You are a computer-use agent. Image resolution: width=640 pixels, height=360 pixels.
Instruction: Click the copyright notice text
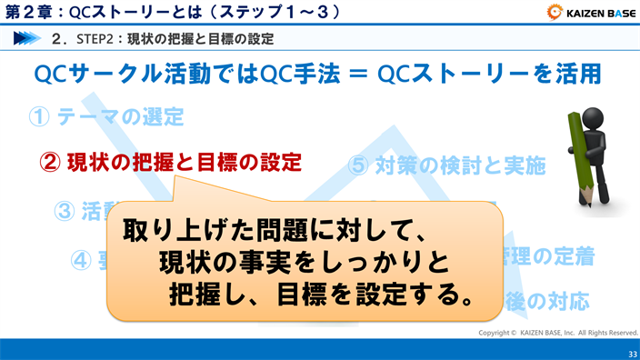(558, 333)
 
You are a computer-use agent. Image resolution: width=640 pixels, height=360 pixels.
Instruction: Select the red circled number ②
(51, 164)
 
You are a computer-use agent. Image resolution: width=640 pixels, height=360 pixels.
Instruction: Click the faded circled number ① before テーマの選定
(38, 117)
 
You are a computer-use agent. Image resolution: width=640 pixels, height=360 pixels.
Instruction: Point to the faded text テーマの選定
(120, 117)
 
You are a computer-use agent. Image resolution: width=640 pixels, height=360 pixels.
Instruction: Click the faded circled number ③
(65, 211)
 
